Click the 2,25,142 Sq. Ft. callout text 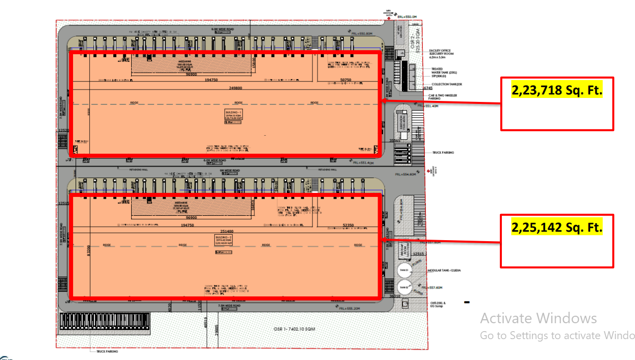[557, 227]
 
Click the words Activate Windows [538, 318]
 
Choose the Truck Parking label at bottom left [107, 351]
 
